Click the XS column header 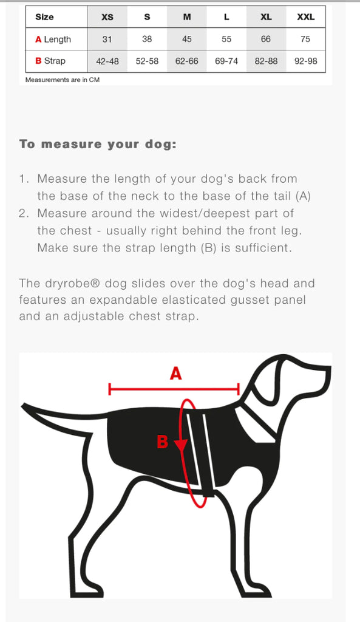(x=107, y=17)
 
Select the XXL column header (x=306, y=17)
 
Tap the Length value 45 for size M (x=187, y=39)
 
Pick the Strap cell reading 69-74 (x=226, y=61)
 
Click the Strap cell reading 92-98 (x=306, y=61)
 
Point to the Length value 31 (x=107, y=39)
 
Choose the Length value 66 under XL (x=266, y=39)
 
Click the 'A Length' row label (x=53, y=39)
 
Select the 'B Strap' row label (x=50, y=61)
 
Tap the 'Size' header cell (x=44, y=17)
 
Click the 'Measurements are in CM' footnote (x=63, y=80)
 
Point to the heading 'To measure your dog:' (x=98, y=145)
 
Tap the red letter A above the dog (x=175, y=374)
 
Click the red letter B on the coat (x=163, y=442)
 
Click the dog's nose (x=327, y=371)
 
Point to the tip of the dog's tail (x=24, y=407)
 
